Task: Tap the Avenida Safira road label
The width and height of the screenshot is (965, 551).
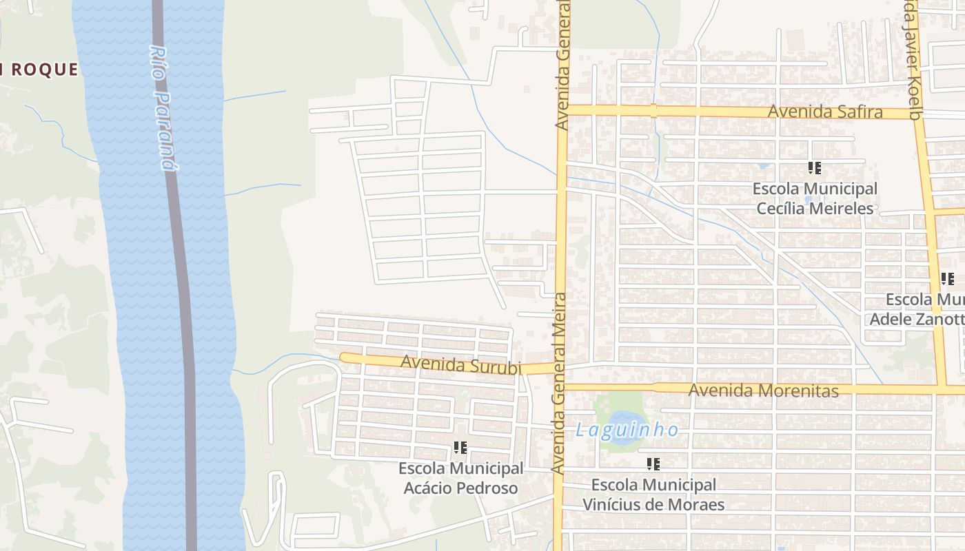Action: [x=825, y=112]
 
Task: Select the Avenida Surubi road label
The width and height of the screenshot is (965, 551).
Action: [x=460, y=364]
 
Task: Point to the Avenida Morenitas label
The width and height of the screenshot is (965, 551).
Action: [x=764, y=391]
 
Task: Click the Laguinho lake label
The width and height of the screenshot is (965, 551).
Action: [x=627, y=430]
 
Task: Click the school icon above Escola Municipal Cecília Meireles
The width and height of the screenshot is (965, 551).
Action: [x=815, y=167]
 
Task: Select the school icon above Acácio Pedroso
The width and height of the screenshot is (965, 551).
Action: [x=460, y=448]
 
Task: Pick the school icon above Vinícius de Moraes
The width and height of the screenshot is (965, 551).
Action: [x=653, y=464]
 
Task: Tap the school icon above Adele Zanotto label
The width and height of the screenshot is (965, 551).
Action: [x=948, y=279]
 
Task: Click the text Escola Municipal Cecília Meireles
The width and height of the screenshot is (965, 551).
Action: [x=815, y=198]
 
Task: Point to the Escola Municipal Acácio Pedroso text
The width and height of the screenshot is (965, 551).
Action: [x=461, y=479]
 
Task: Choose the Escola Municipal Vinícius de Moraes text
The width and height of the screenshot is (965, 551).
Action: [x=653, y=495]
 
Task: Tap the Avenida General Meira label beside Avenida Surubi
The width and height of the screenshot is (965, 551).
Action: [x=559, y=382]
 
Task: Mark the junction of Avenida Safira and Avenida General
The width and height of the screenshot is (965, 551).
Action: [x=562, y=110]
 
